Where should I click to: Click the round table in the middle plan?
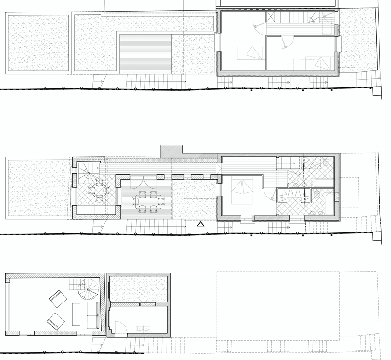coord(98,190)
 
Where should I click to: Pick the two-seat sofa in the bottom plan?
coord(93,315)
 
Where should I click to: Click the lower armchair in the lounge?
coord(56,321)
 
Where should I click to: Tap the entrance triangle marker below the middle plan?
coord(200,225)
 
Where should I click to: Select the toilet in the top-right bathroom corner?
coord(325,163)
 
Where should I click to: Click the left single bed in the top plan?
coord(249,53)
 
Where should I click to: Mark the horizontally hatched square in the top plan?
coord(145,53)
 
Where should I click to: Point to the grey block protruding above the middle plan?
coord(172,152)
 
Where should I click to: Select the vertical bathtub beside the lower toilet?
coord(327,204)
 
